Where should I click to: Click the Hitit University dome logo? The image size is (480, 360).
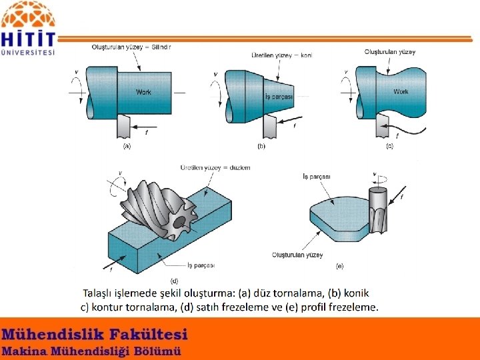pos(28,15)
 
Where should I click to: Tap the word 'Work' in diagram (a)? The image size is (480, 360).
pos(143,92)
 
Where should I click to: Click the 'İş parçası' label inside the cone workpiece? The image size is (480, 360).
pos(279,97)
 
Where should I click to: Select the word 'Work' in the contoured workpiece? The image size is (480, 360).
pos(401,91)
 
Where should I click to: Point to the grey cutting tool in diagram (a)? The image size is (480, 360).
pos(124,126)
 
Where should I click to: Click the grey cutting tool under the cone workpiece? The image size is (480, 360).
pos(270,126)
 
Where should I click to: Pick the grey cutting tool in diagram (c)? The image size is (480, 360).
pos(383,125)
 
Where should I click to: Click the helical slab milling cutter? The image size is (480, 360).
pos(159,209)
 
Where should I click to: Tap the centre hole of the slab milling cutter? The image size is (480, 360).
pos(179,223)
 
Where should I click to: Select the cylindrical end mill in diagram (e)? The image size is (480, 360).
pos(378,210)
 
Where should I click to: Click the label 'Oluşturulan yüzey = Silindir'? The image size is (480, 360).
pos(131,47)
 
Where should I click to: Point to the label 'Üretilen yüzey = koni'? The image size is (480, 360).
pos(282,55)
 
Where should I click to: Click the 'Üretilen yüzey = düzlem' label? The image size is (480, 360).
pos(215,168)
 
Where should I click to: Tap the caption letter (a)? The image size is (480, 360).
pos(127,146)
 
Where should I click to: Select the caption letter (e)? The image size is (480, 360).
pos(340,266)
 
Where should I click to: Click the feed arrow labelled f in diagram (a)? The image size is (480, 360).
pos(143,127)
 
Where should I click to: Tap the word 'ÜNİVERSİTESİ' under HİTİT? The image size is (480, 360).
pos(28,53)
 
